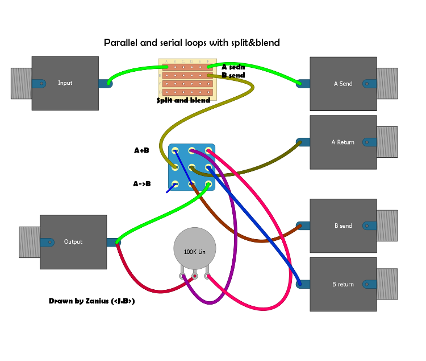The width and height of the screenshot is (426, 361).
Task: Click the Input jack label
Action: click(x=65, y=83)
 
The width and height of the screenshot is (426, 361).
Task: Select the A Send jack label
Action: click(x=343, y=84)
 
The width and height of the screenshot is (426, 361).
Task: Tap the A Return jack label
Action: click(x=343, y=142)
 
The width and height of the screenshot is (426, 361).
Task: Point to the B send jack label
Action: click(x=343, y=226)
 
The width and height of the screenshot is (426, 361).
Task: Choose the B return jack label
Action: click(x=343, y=284)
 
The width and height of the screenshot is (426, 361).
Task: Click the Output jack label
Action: click(x=73, y=242)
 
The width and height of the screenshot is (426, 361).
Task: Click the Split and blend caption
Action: click(x=183, y=100)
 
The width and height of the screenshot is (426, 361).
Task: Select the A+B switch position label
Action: click(x=141, y=151)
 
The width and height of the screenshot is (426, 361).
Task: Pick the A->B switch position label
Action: click(x=142, y=184)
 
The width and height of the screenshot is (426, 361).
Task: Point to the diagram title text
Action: click(x=192, y=43)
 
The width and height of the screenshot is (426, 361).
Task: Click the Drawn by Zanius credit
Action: click(x=92, y=301)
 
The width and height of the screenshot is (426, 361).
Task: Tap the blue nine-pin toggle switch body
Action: click(x=192, y=167)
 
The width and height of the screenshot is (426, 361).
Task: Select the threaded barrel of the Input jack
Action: click(x=21, y=83)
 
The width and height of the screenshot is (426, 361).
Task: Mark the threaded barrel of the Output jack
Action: click(x=30, y=242)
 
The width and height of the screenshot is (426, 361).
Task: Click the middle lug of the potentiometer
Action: click(x=195, y=277)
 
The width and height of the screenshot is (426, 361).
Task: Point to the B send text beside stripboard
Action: click(x=233, y=75)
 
